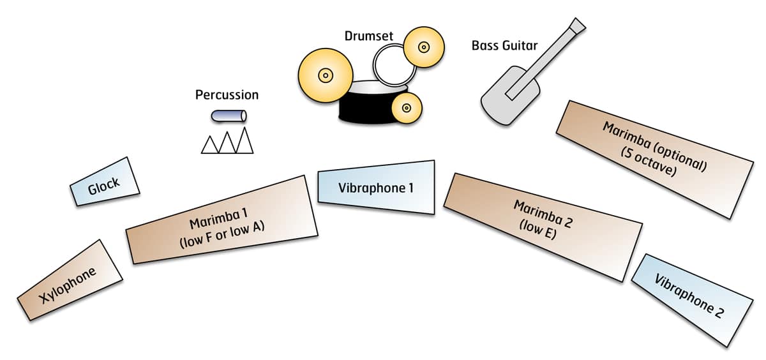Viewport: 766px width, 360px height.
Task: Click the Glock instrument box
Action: click(x=104, y=183)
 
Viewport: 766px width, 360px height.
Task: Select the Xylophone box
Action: click(x=70, y=281)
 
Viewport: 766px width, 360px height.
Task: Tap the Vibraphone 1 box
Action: click(x=376, y=188)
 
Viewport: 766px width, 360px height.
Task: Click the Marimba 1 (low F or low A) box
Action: click(x=223, y=220)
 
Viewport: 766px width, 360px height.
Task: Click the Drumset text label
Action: click(x=369, y=36)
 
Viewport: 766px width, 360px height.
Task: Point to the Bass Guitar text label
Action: click(x=504, y=46)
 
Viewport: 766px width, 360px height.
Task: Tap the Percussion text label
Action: click(x=227, y=95)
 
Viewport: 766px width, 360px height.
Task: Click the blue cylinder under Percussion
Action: click(x=229, y=116)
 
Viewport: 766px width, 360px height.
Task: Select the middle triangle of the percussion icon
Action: click(x=227, y=142)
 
